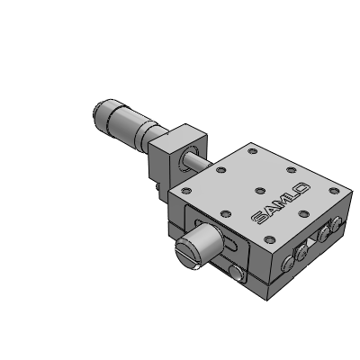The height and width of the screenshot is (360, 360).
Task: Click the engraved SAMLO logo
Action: pos(281,203)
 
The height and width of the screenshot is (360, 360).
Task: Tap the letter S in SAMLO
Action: pos(257,218)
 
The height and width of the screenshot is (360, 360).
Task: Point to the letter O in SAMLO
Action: pos(302,189)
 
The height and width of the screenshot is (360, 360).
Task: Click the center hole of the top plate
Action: pos(260,190)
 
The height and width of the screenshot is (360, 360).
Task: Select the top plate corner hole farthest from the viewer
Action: pos(253,150)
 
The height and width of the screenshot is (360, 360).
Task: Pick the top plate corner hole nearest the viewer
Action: pos(270,239)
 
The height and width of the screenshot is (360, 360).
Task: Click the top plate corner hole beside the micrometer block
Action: pos(186,190)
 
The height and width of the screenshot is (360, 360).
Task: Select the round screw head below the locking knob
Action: pos(236,273)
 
